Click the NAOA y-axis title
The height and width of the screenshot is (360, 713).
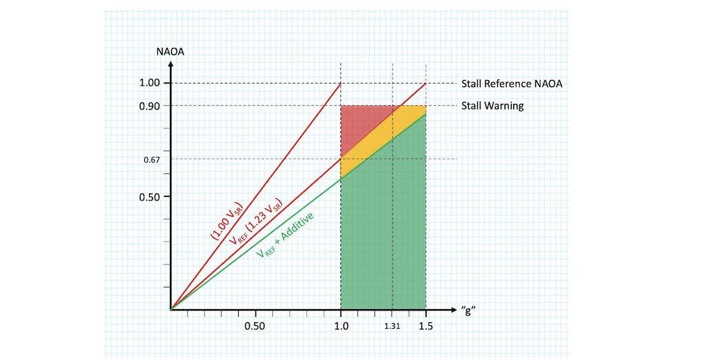pyautogui.click(x=171, y=50)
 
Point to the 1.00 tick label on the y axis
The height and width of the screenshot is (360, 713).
pyautogui.click(x=150, y=84)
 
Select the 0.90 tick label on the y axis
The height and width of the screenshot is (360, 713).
pyautogui.click(x=150, y=106)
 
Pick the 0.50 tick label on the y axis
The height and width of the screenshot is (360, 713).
pyautogui.click(x=150, y=196)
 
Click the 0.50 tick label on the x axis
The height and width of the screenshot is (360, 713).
pyautogui.click(x=256, y=326)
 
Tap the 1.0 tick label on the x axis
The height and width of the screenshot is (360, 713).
pyautogui.click(x=341, y=326)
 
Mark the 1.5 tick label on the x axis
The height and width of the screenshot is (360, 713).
pyautogui.click(x=426, y=326)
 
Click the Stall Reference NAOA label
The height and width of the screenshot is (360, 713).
pyautogui.click(x=512, y=84)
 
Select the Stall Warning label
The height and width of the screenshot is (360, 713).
pyautogui.click(x=492, y=106)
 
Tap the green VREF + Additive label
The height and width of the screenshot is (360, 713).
pyautogui.click(x=285, y=235)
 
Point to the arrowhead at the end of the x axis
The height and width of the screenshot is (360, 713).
pyautogui.click(x=453, y=309)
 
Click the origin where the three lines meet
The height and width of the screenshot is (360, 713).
pyautogui.click(x=171, y=309)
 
